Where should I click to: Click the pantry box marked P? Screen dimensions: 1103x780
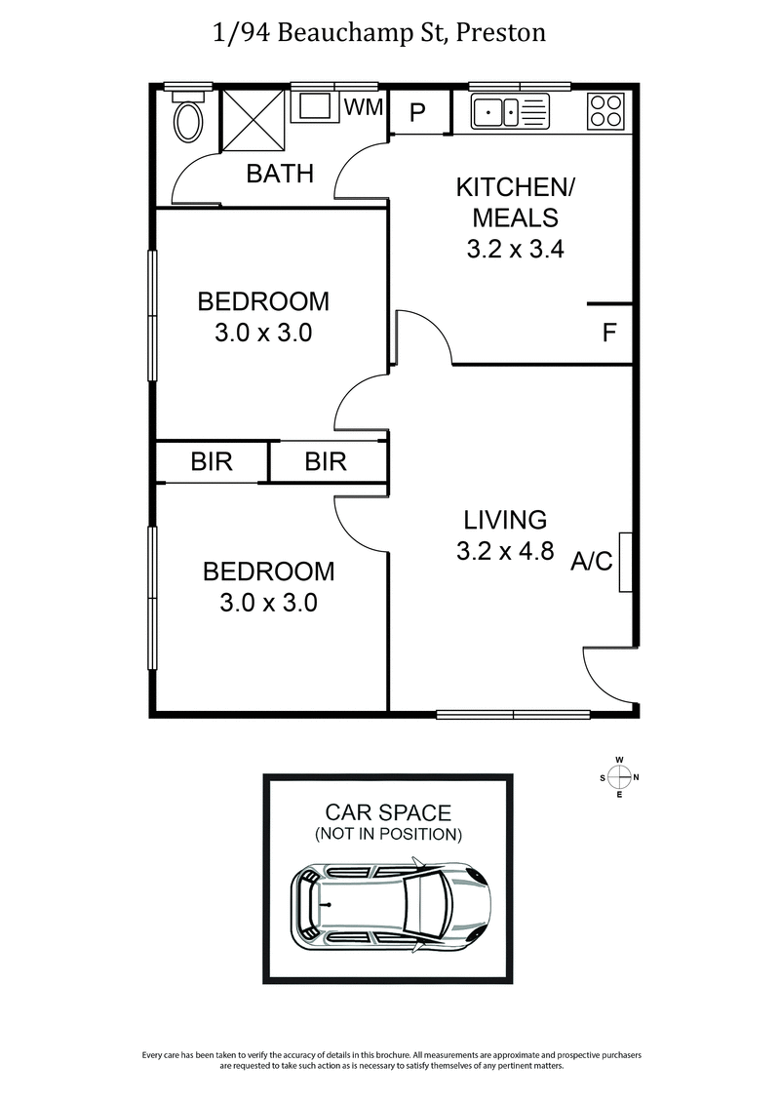click(418, 113)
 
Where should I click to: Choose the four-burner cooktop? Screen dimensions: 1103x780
click(605, 110)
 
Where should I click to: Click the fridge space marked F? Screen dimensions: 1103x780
click(609, 334)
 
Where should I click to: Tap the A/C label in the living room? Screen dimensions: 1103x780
click(592, 561)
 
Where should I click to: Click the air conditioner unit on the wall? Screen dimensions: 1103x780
click(626, 563)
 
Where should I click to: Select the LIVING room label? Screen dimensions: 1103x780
click(505, 519)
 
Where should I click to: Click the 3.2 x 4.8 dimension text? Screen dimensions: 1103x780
click(505, 551)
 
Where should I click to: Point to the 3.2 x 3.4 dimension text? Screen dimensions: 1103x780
click(516, 249)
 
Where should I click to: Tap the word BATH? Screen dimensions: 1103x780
click(280, 174)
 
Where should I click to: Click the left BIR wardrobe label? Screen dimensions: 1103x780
click(212, 461)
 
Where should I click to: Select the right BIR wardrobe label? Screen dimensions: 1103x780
click(326, 461)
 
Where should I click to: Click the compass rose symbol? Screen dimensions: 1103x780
click(619, 777)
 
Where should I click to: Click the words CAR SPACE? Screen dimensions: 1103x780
click(388, 811)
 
